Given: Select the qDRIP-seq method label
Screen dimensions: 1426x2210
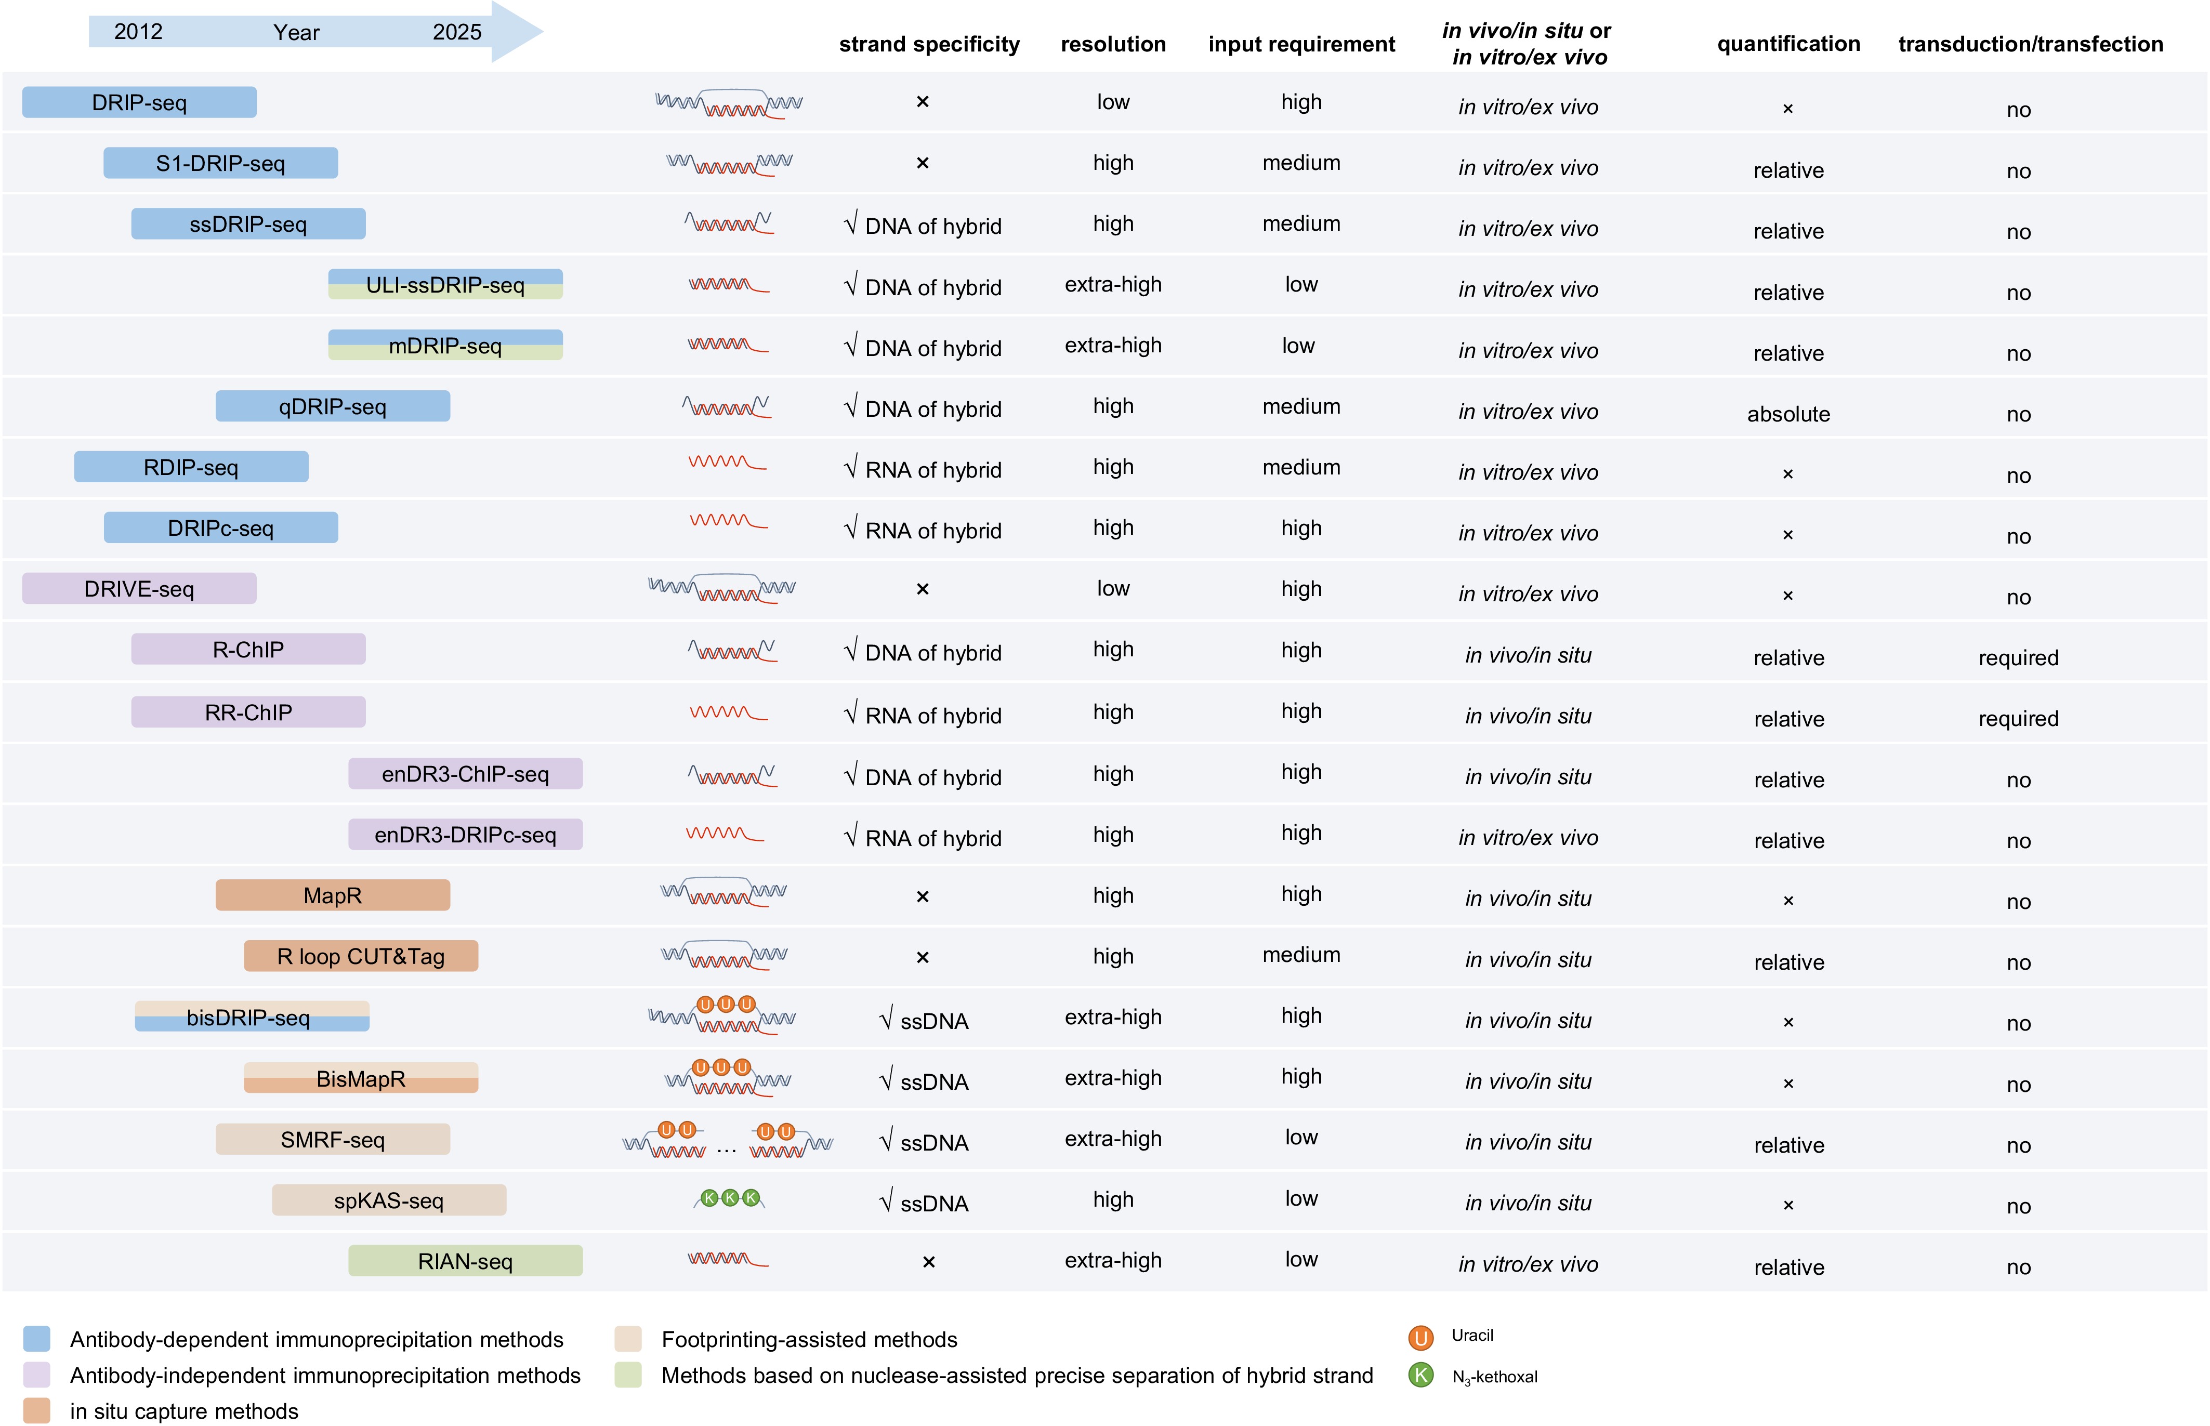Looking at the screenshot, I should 332,406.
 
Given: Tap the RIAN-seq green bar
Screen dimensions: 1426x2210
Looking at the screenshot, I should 465,1261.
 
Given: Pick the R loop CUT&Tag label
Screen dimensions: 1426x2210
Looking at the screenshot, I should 360,957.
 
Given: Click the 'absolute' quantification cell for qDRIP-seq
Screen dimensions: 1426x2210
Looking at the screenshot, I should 1788,414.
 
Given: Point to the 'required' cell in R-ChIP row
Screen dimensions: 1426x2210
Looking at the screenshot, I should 2018,657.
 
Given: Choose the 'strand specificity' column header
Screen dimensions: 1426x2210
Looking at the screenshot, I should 929,45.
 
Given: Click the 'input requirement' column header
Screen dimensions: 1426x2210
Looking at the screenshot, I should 1301,45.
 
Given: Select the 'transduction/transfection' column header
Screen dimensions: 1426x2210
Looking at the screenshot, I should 2030,45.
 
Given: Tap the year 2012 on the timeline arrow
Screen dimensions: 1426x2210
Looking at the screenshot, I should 138,32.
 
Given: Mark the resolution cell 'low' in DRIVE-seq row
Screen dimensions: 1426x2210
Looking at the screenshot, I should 1113,589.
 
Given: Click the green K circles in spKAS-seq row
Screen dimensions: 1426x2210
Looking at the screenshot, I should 730,1198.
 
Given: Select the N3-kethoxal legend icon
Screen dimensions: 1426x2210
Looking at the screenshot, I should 1420,1375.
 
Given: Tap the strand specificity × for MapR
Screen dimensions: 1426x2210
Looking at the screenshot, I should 922,896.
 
